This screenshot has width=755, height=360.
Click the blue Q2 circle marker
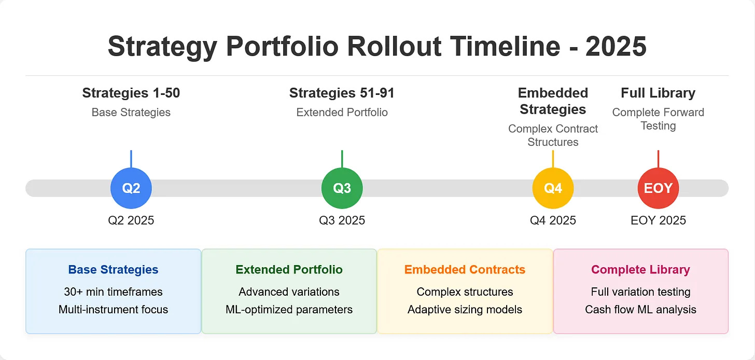[x=131, y=188]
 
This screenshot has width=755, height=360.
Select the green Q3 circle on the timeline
[x=342, y=188]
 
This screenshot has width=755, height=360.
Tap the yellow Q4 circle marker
[x=553, y=188]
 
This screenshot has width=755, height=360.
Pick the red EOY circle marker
[x=658, y=188]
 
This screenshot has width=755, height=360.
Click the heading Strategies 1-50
[x=131, y=93]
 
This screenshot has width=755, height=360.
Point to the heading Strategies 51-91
[x=342, y=93]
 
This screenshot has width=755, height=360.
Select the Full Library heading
[x=658, y=93]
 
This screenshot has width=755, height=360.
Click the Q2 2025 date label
[x=131, y=220]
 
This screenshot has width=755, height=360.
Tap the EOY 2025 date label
[x=658, y=220]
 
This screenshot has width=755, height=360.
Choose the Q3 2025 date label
[x=342, y=220]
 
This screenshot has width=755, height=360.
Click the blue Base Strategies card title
[x=113, y=270]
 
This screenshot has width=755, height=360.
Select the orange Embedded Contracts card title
[x=465, y=270]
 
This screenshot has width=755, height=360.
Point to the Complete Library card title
[x=641, y=270]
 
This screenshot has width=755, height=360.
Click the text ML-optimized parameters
[x=289, y=310]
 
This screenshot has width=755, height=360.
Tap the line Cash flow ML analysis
[x=641, y=310]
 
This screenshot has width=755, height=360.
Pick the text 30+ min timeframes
[x=113, y=292]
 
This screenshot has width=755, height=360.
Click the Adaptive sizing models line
[x=465, y=310]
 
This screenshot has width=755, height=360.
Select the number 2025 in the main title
[x=616, y=46]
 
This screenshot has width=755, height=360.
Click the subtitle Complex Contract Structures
[x=553, y=135]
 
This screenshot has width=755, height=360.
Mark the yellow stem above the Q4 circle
[x=553, y=159]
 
